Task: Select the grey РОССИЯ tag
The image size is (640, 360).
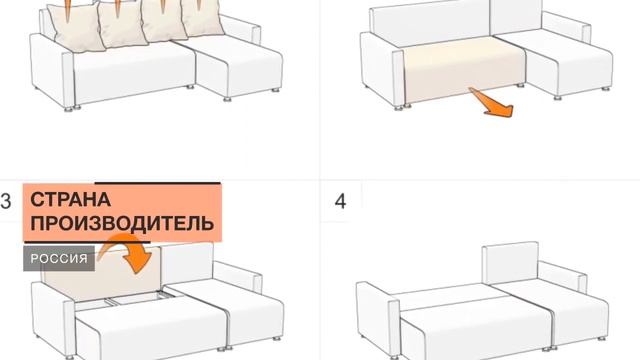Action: coord(59,259)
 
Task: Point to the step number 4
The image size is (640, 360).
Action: coord(340,201)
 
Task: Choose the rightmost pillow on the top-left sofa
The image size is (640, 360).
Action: coord(194,24)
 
